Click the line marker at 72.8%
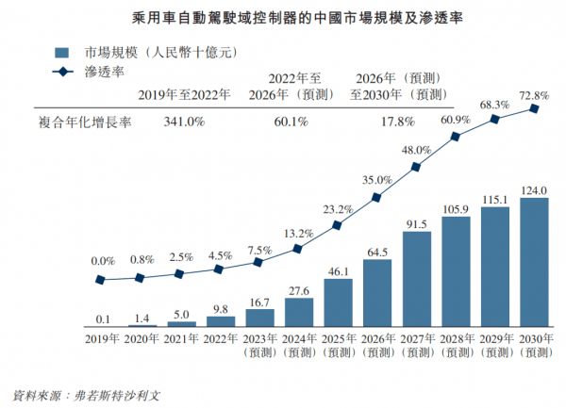click(x=535, y=108)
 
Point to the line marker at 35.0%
click(x=376, y=198)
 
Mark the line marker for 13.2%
click(x=297, y=249)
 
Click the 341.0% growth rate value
click(x=185, y=122)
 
